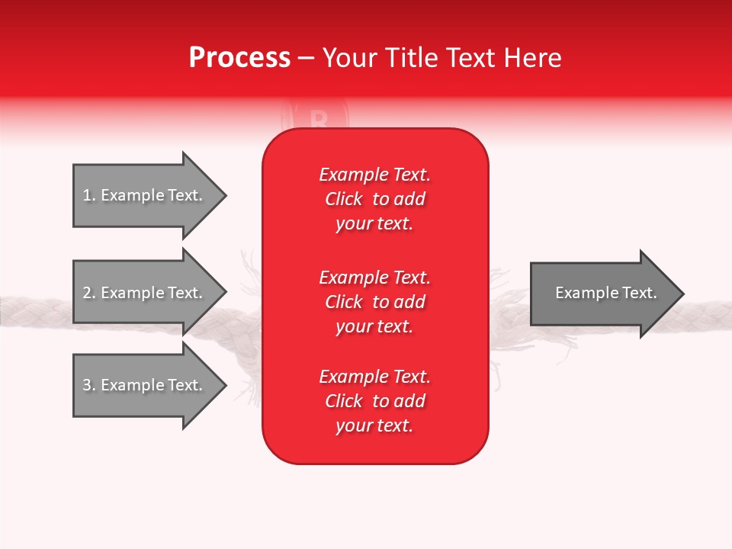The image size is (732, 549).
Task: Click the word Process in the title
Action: (x=239, y=58)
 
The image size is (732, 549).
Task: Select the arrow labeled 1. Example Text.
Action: (x=145, y=196)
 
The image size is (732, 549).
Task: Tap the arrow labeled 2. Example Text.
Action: (x=145, y=293)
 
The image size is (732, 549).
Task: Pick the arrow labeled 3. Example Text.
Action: (x=145, y=385)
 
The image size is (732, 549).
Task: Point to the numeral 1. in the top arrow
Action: (x=89, y=195)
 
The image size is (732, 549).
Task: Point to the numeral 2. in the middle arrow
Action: (x=89, y=293)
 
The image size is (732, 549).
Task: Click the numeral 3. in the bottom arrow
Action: (x=89, y=385)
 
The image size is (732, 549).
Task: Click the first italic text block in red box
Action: (x=374, y=199)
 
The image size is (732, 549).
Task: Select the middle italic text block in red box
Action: (x=374, y=302)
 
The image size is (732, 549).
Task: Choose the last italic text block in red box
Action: (x=374, y=401)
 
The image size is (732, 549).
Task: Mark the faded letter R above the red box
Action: (x=319, y=118)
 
